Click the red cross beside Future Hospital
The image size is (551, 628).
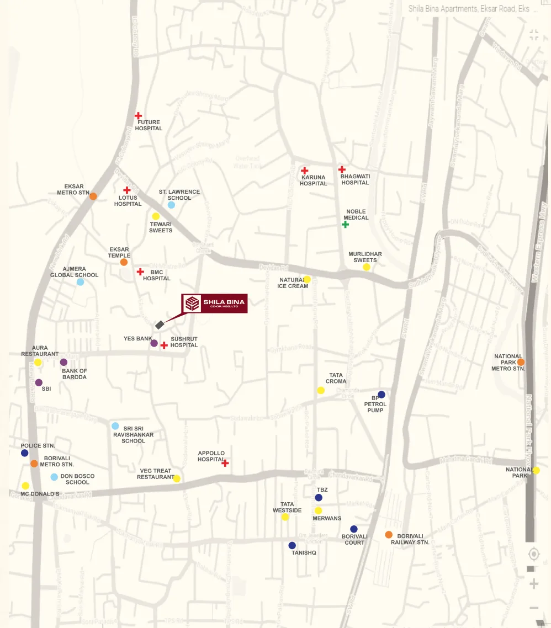[x=138, y=115]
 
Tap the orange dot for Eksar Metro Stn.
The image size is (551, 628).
[x=93, y=196]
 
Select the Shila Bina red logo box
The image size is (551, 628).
[x=215, y=304]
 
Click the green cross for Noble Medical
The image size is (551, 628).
[x=345, y=224]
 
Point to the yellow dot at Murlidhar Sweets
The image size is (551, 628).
[x=366, y=267]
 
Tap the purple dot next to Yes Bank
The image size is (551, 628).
[x=154, y=343]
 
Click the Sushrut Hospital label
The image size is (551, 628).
[x=184, y=342]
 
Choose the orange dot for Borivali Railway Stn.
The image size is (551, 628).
[x=389, y=534]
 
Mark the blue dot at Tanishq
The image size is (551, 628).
[x=292, y=545]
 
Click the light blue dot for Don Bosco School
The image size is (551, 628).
[x=54, y=477]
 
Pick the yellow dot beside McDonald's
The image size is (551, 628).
[x=25, y=486]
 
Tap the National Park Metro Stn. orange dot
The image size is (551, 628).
[x=521, y=362]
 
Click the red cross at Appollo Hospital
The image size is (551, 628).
[x=225, y=463]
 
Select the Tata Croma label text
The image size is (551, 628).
[x=336, y=378]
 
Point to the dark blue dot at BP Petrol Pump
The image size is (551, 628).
[x=381, y=395]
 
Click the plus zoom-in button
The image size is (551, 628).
[x=533, y=584]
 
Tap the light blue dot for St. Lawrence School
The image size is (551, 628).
[x=171, y=205]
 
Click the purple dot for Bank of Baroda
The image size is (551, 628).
[x=63, y=362]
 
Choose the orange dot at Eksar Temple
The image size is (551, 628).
[x=124, y=262]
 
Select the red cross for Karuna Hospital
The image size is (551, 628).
[x=304, y=171]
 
